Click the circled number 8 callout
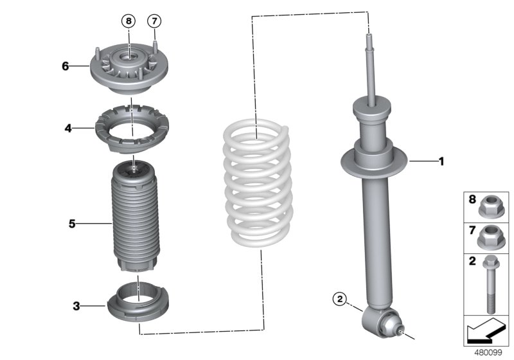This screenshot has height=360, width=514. [129, 21]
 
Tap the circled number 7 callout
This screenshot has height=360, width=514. [154, 21]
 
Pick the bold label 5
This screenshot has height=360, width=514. [73, 224]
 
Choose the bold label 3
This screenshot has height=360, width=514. [76, 307]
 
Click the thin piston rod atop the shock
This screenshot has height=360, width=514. [371, 71]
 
